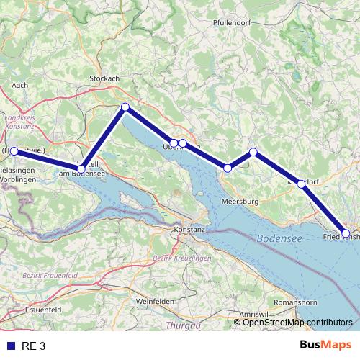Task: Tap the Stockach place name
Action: pyautogui.click(x=104, y=78)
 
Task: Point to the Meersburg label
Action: pyautogui.click(x=240, y=201)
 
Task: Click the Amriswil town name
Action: pyautogui.click(x=253, y=315)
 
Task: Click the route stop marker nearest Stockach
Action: pyautogui.click(x=125, y=107)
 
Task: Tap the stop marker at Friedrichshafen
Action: pyautogui.click(x=346, y=233)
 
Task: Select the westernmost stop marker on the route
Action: pyautogui.click(x=14, y=151)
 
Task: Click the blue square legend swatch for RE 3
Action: pyautogui.click(x=11, y=346)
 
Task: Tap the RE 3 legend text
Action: pyautogui.click(x=34, y=346)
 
